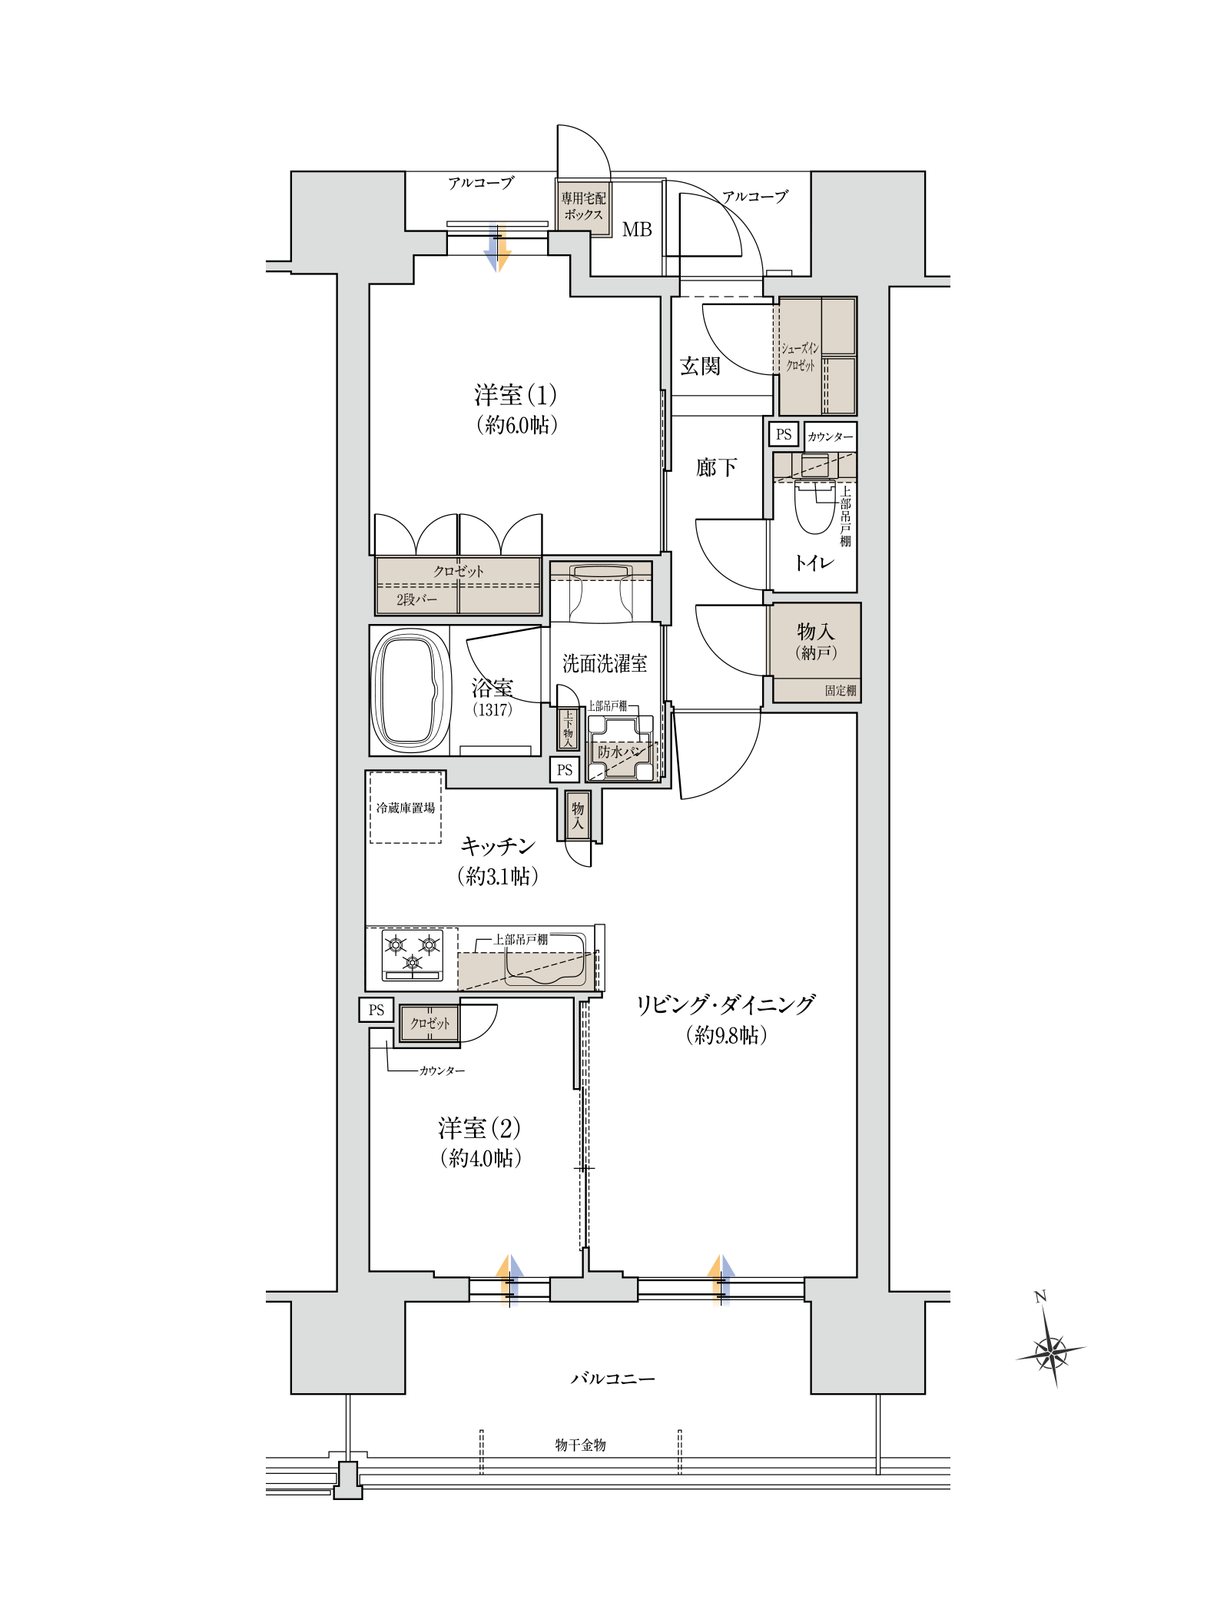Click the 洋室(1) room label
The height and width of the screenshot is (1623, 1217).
pos(515,396)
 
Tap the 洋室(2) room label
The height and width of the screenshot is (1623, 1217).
pos(480,1129)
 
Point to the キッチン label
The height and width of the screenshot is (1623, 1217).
pos(497,846)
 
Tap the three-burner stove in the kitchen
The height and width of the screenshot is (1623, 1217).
pos(413,954)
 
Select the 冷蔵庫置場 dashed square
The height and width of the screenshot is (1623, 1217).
pos(405,807)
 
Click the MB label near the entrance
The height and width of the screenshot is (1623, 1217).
pos(637,229)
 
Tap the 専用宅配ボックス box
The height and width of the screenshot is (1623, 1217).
pos(583,207)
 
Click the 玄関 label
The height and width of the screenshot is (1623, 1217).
pos(700,366)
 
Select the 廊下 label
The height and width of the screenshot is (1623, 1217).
pos(716,466)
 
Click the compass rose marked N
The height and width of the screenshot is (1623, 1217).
pos(1050,1350)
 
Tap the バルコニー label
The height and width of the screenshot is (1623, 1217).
pos(612,1379)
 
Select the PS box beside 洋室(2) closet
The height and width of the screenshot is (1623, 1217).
pos(376,1010)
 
